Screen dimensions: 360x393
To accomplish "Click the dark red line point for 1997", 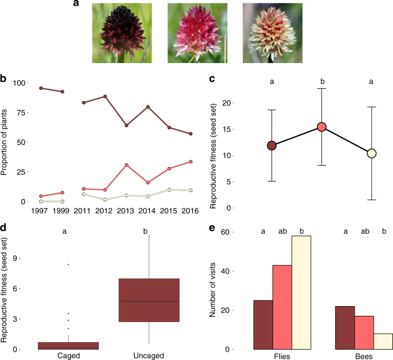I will point(41,88).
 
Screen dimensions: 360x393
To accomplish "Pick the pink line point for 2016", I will point(190,162).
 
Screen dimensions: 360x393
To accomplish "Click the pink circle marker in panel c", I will point(322,127).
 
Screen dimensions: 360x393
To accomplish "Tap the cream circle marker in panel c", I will point(371,153).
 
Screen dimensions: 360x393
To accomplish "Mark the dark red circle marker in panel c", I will point(272,146).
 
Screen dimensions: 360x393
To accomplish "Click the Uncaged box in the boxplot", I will point(149,300).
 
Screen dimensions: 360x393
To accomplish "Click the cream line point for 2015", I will point(169,189).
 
